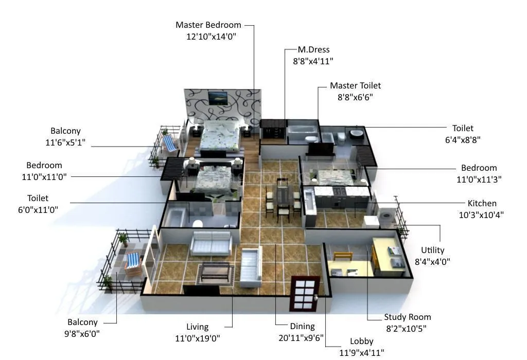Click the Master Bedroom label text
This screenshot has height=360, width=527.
(208, 25)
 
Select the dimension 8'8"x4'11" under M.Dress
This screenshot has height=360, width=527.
(309, 61)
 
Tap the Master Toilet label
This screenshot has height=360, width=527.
(355, 85)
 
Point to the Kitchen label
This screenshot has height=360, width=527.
(482, 203)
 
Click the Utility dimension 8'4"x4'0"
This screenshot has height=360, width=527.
(432, 261)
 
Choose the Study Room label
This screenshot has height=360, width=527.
(407, 317)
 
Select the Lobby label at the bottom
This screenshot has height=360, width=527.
(361, 341)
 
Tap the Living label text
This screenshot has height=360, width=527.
(197, 327)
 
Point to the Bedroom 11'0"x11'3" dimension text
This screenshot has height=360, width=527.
(479, 179)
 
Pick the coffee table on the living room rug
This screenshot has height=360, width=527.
(215, 271)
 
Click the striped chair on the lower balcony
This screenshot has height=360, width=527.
(133, 261)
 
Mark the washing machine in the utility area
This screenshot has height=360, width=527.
(387, 217)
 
